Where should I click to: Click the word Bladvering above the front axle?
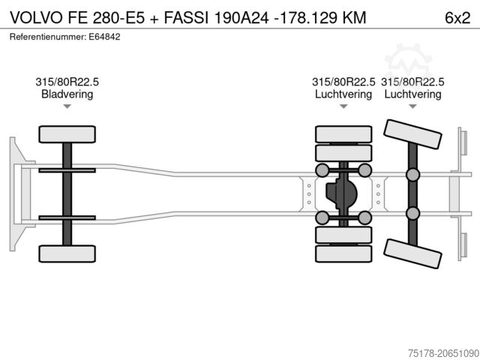(67, 94)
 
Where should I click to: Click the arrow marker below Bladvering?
(67, 106)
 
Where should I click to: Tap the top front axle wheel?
(67, 134)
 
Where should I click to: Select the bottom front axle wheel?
(67, 253)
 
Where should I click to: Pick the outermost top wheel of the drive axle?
(343, 134)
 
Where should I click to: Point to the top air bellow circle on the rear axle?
(412, 175)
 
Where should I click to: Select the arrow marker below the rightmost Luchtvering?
(412, 106)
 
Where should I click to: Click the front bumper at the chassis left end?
(16, 193)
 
